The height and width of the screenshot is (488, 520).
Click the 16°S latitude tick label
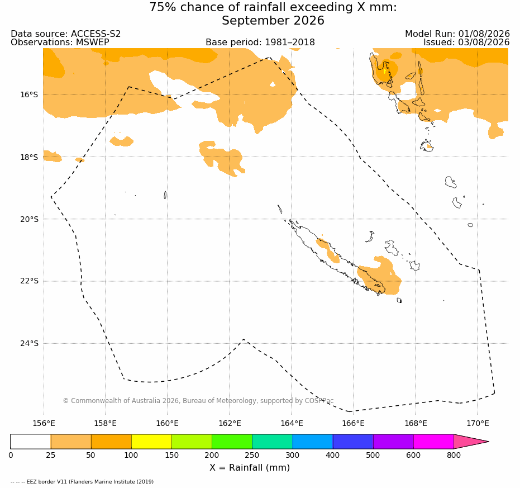click(29, 95)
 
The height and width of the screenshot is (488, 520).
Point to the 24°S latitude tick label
click(29, 343)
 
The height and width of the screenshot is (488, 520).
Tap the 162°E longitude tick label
click(229, 423)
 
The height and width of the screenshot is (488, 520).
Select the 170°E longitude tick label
click(477, 423)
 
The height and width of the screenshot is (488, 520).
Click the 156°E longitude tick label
click(43, 423)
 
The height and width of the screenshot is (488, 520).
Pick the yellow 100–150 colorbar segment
click(151, 442)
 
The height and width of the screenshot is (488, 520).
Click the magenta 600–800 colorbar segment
click(433, 442)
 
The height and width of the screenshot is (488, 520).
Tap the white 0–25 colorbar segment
click(31, 442)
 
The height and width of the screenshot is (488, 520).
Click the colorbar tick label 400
click(333, 455)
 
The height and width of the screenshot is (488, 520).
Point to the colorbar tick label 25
click(51, 455)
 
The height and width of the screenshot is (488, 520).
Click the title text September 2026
click(273, 21)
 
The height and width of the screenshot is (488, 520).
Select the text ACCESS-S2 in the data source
click(96, 34)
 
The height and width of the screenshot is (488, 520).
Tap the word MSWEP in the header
click(93, 42)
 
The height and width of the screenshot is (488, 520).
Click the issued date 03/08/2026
click(484, 42)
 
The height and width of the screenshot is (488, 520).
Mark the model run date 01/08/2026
click(484, 34)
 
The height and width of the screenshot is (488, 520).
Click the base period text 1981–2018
click(290, 42)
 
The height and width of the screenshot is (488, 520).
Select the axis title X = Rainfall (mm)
click(250, 468)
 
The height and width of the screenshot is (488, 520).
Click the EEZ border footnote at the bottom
click(82, 482)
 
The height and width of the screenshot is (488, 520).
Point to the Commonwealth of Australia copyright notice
click(198, 401)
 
